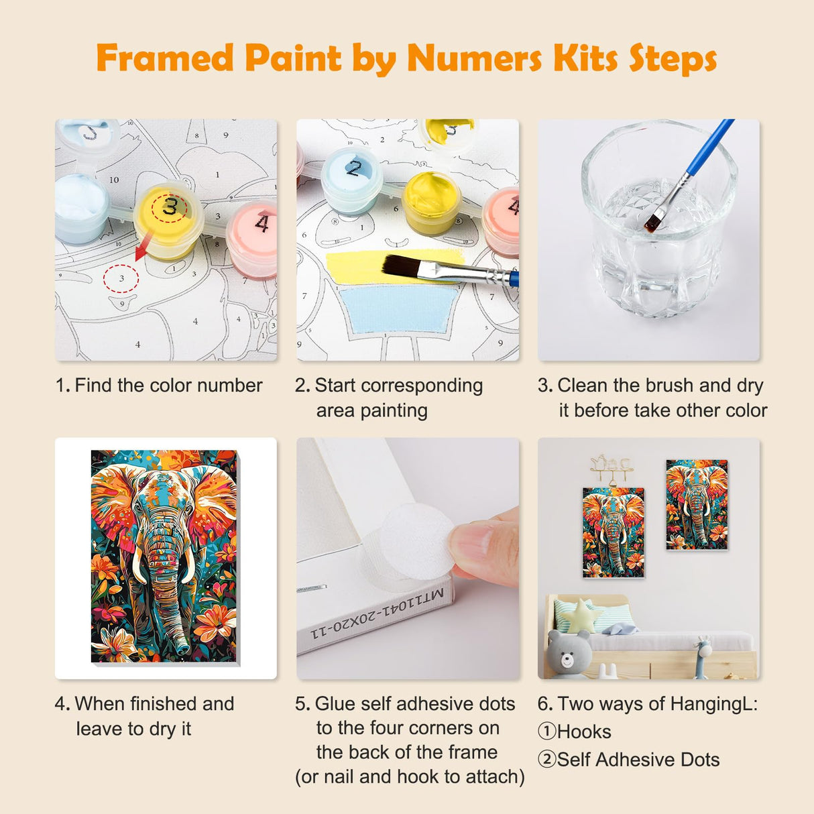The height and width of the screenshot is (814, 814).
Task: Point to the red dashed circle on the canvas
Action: (121, 278)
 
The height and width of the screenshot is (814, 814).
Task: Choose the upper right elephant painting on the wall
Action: (696, 504)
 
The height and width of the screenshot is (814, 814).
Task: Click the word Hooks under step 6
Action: (583, 732)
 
